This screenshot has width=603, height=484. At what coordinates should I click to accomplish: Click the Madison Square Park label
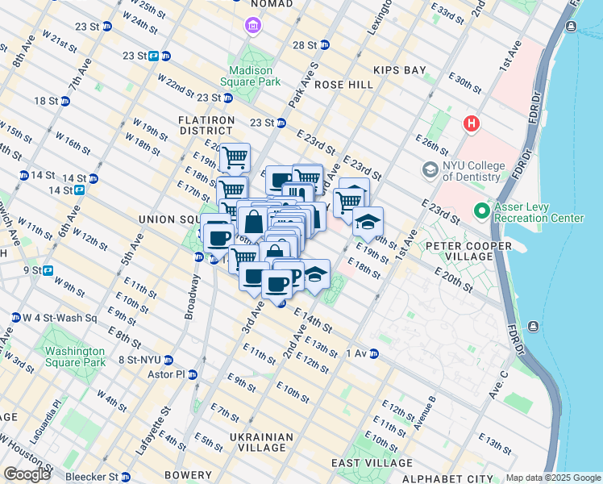tap(253, 75)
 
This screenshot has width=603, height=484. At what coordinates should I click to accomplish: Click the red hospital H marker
tap(471, 124)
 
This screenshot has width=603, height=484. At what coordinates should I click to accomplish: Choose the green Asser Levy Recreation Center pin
tap(482, 211)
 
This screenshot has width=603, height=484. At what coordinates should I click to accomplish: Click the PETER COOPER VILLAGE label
tap(470, 250)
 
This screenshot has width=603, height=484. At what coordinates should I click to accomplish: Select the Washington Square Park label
tap(75, 357)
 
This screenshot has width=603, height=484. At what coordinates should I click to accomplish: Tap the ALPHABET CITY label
tap(447, 478)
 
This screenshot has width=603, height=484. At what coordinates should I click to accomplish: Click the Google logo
tap(27, 474)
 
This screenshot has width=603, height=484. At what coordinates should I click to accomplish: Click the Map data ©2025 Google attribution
tap(553, 478)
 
